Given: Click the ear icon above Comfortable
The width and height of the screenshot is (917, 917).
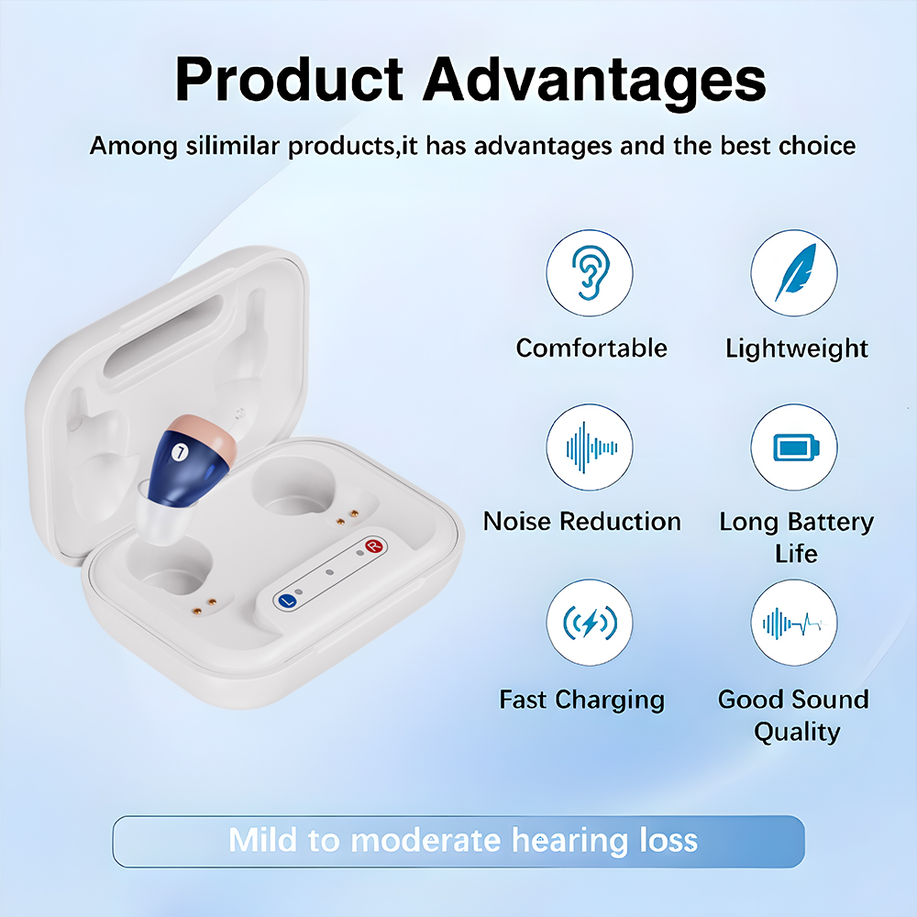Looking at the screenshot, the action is tap(590, 272).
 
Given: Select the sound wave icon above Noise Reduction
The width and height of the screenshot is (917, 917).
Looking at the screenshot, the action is tap(590, 447).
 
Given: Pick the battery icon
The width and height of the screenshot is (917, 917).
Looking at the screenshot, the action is tap(795, 447).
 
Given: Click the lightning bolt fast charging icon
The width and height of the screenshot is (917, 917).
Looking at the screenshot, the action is tap(590, 623).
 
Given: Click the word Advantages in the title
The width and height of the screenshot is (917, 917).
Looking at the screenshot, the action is tap(594, 81).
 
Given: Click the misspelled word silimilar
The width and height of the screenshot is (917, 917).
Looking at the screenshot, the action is tap(233, 145).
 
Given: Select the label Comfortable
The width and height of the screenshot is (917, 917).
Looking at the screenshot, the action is tap(591, 348).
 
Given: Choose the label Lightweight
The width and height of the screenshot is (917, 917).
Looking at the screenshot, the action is tap(797, 349).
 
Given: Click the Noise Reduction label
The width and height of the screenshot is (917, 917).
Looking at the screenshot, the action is tap(582, 521).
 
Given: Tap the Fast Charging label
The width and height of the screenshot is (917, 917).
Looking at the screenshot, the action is tap(582, 700).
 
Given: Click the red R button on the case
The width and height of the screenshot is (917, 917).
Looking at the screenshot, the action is tap(374, 547).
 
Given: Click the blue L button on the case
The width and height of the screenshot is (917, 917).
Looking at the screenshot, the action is tap(287, 601).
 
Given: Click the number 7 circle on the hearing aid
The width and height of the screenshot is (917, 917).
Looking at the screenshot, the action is tap(180, 452).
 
